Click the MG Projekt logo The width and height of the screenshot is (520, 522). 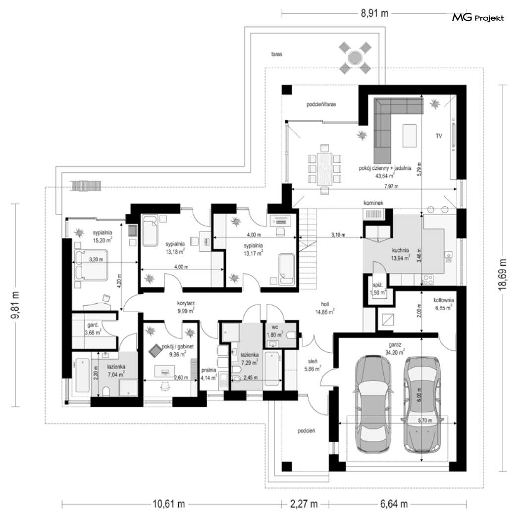(x=478, y=18)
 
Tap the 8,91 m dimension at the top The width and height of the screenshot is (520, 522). (x=375, y=13)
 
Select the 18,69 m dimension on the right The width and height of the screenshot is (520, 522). (x=503, y=275)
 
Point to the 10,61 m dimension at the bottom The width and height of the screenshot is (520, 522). (x=168, y=504)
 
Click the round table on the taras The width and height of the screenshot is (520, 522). (x=355, y=58)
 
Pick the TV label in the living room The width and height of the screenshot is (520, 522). (x=439, y=136)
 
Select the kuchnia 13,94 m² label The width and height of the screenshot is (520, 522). (x=401, y=254)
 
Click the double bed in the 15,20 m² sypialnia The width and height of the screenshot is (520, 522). (x=90, y=265)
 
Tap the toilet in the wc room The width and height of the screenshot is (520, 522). (x=292, y=335)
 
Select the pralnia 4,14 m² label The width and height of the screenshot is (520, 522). (x=209, y=374)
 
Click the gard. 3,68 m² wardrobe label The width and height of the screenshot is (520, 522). (x=93, y=329)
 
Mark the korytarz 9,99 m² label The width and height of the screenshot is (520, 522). (x=186, y=307)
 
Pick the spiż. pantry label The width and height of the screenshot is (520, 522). (x=378, y=288)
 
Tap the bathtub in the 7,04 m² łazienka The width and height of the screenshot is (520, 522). (x=82, y=375)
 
